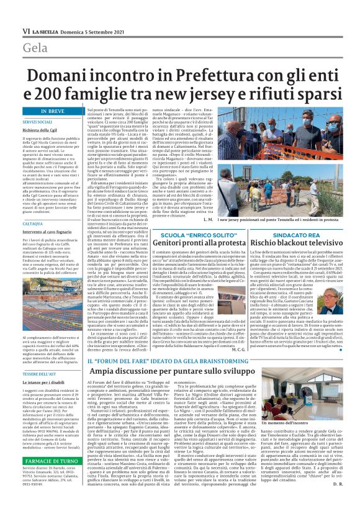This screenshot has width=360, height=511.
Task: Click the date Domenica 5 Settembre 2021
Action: click(x=96, y=30)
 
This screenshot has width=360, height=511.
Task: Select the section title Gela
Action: click(x=35, y=48)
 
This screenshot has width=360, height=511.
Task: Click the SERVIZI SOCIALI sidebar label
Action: click(x=38, y=122)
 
